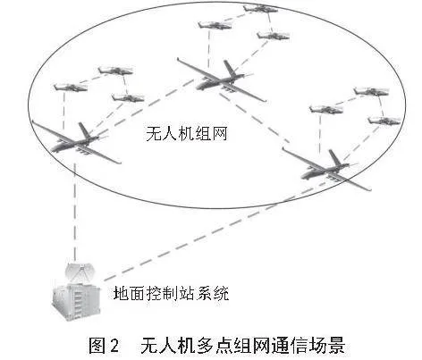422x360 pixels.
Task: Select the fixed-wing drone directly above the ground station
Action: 76,142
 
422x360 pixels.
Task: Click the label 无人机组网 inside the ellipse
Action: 187,134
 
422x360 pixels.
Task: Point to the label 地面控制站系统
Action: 171,294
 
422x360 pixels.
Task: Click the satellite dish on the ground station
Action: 80,272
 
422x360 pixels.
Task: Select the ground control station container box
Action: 76,301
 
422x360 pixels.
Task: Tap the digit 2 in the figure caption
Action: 114,346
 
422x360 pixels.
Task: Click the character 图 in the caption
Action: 97,346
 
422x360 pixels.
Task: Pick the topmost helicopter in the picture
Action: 260,8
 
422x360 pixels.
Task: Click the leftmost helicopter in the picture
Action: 71,88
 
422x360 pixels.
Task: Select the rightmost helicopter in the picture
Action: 384,121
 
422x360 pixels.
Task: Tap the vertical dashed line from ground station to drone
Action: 75,213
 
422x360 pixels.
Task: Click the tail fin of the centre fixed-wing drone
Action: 230,68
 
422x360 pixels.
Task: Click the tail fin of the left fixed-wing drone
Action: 85,130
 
